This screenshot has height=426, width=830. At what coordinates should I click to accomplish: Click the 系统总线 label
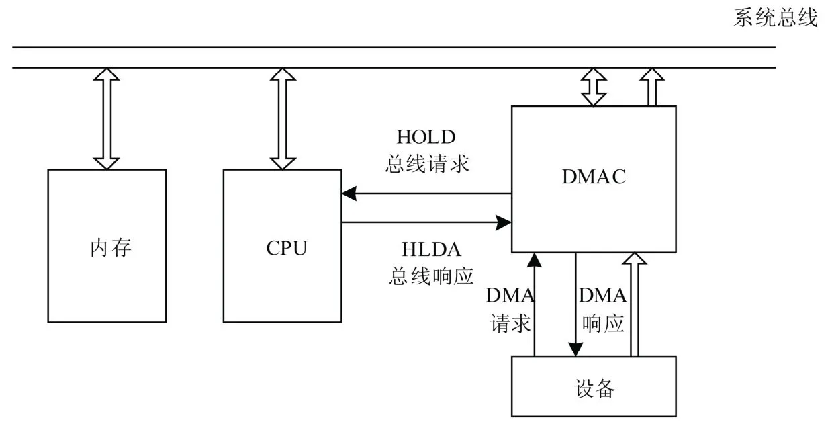pos(775,18)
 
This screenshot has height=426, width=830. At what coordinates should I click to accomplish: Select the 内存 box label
pos(111,248)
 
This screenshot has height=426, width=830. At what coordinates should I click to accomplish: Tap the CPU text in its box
pos(287,248)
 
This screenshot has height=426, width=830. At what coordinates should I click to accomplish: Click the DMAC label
pos(594,177)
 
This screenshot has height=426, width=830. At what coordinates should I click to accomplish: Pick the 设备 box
pos(594,388)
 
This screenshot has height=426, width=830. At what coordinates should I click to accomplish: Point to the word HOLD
pos(426,137)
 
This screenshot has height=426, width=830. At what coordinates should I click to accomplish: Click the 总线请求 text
pos(427,164)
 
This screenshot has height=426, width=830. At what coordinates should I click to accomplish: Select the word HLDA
pos(432,249)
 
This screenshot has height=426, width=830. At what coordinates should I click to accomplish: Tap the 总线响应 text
pos(432,275)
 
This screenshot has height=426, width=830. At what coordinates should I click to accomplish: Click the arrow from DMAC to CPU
pos(426,194)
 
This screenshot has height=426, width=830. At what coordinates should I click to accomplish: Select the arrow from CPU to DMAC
pos(426,221)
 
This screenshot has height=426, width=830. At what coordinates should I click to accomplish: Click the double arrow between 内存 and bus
pos(106,118)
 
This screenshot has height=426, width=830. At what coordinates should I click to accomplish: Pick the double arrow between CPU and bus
pos(283,118)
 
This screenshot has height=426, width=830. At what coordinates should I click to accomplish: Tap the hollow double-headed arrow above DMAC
pos(593,87)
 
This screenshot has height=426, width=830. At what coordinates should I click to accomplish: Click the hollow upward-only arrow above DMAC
pos(651,87)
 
